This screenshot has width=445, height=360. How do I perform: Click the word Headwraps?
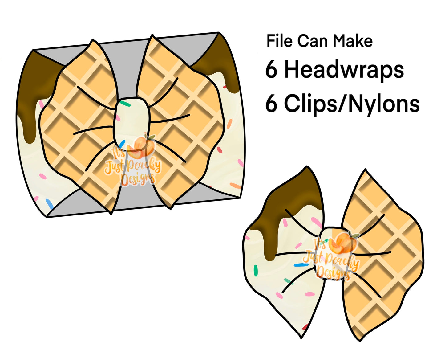coord(344,70)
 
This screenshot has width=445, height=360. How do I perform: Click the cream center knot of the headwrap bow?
coord(131,123)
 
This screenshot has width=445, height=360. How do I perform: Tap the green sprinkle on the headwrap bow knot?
coord(125,103)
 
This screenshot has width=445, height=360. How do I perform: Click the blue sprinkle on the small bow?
coord(301,265)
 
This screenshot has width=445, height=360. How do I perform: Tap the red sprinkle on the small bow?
coord(305,326)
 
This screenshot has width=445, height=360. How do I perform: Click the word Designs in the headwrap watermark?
coord(138,179)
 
